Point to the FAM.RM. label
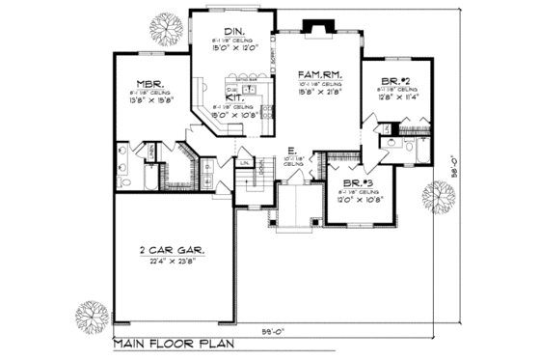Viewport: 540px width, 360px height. [316, 74]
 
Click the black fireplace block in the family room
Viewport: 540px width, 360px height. [314, 27]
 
